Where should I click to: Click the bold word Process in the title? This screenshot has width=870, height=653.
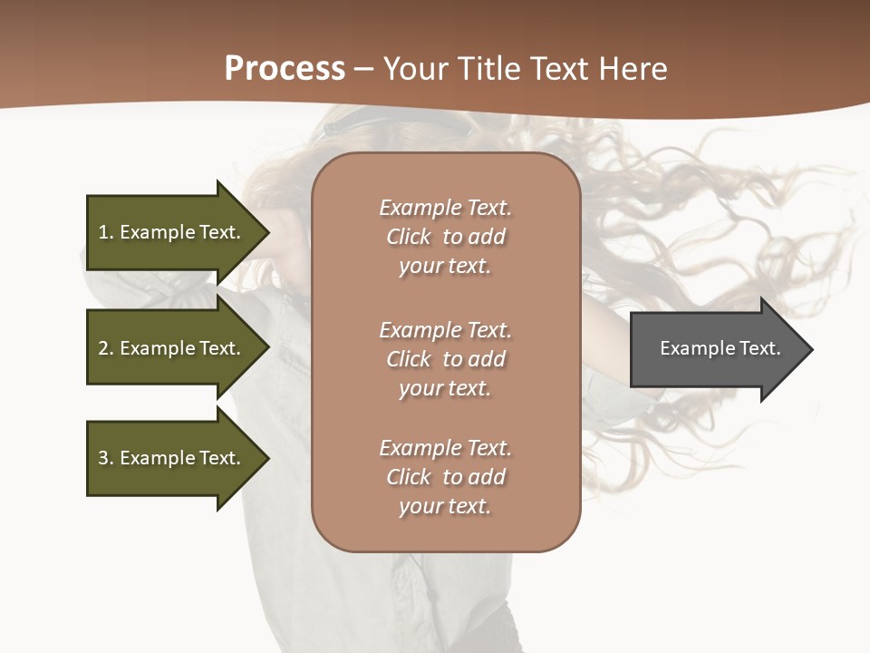[x=285, y=68]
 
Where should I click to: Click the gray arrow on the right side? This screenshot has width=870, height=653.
[x=716, y=349]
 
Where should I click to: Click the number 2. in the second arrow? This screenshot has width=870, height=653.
[x=105, y=348]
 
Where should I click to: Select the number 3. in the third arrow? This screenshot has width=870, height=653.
[x=105, y=458]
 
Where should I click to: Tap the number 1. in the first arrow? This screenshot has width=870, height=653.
[x=105, y=232]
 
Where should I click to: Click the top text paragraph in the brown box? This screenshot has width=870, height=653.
[x=445, y=237]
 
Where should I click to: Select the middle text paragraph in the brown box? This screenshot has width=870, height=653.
[x=445, y=359]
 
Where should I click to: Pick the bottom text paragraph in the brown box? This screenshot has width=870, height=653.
[x=445, y=477]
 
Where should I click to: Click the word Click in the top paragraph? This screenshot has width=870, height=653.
[x=409, y=237]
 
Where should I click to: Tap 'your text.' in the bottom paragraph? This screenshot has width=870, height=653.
[x=445, y=506]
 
